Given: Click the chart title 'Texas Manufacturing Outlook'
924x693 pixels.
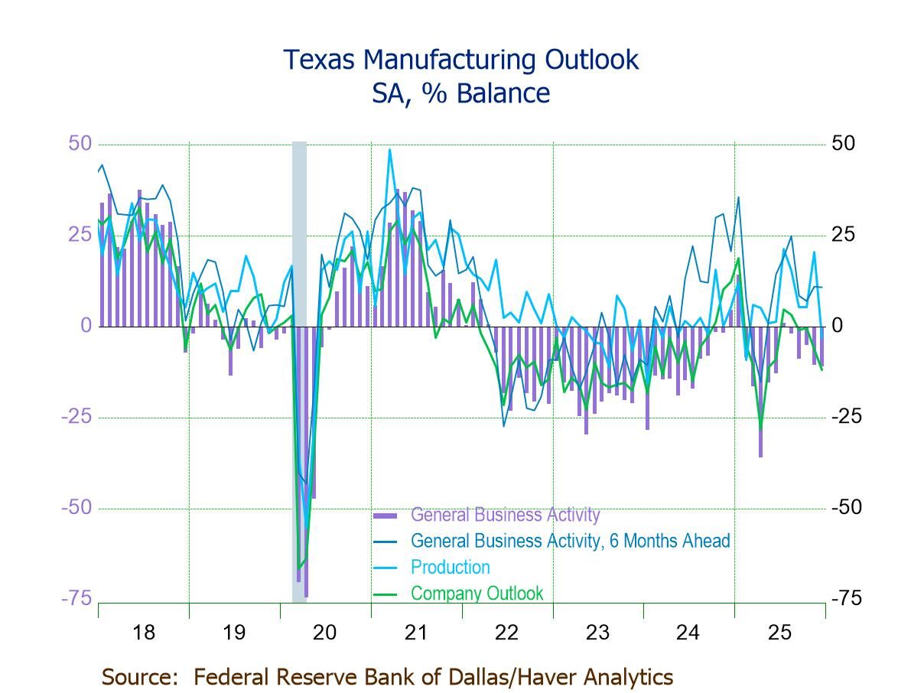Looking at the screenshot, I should (460, 60).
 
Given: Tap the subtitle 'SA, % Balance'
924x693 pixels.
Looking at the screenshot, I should (460, 93).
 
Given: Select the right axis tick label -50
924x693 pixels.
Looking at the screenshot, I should (846, 507).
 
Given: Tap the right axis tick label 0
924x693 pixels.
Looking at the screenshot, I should (838, 325).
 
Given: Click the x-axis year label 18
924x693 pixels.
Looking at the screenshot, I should (143, 633).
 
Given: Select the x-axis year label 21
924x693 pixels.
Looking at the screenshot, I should (415, 633).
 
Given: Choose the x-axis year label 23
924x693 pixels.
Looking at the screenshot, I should (597, 633).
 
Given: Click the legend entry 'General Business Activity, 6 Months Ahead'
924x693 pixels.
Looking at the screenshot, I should (570, 541).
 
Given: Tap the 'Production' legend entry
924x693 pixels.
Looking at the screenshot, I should (450, 567).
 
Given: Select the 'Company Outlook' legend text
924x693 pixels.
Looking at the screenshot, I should (477, 593).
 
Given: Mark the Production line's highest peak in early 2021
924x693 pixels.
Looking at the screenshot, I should (389, 150).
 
